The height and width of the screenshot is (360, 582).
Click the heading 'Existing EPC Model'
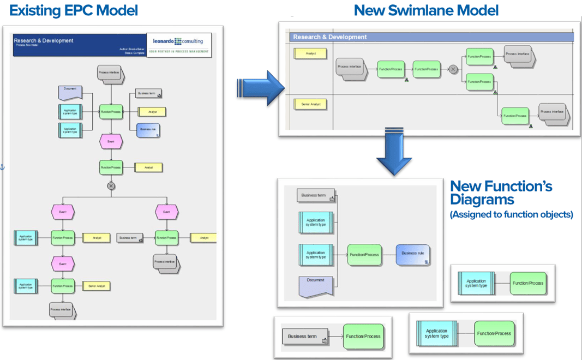[74, 10]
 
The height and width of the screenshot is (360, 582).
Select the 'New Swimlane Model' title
[426, 10]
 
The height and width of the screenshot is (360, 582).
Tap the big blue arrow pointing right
[261, 87]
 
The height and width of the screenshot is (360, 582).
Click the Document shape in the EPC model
[70, 92]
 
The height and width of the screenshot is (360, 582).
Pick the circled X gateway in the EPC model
[111, 186]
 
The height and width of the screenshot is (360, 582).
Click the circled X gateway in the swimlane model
[453, 69]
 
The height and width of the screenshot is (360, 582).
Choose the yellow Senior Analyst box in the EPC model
[96, 286]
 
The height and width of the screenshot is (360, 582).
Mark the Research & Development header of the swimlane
[431, 37]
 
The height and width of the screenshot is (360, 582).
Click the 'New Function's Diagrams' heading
[501, 193]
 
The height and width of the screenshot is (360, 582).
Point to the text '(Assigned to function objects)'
[511, 215]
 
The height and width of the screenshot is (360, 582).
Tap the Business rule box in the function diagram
[413, 255]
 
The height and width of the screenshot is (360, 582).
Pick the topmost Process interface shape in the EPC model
[110, 73]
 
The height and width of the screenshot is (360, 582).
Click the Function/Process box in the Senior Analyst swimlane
[515, 116]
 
